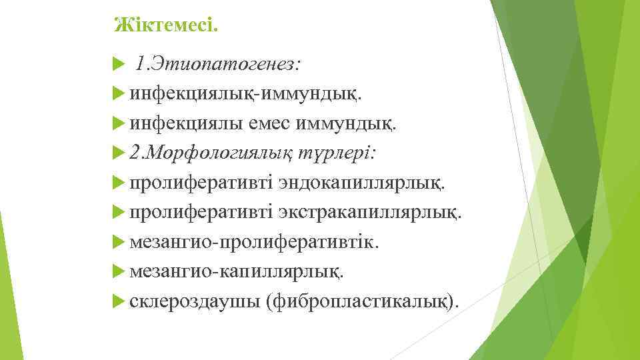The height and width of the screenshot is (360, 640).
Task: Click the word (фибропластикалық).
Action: (363, 301)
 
